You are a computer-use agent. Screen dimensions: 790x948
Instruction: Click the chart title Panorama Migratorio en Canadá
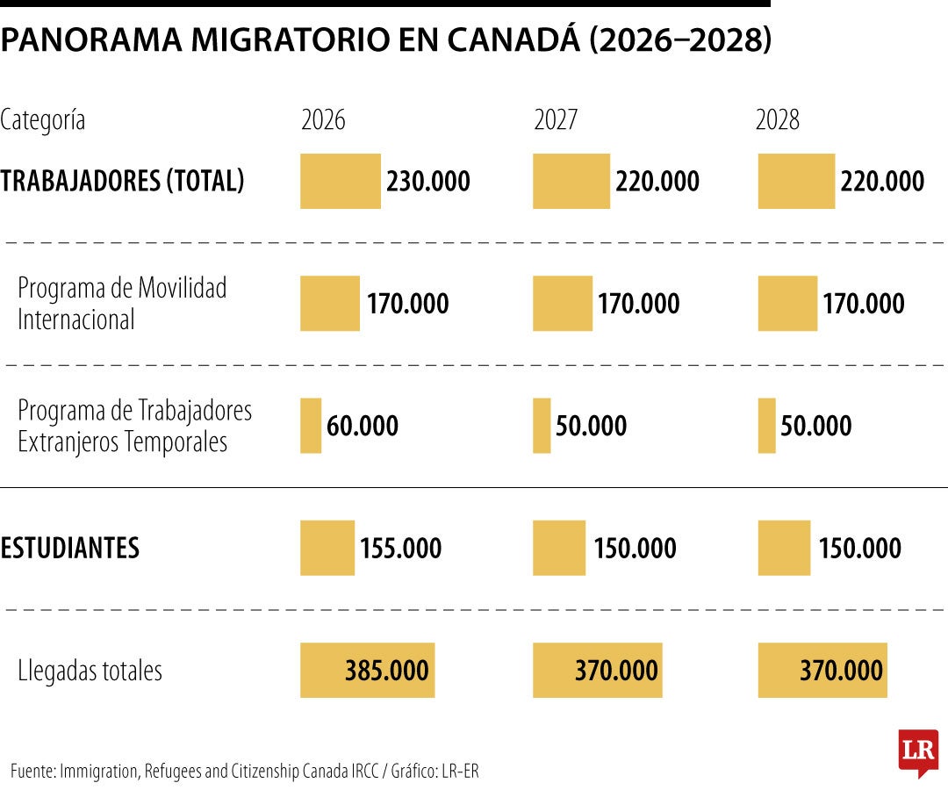[x=385, y=40]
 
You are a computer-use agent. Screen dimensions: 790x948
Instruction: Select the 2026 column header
[x=323, y=120]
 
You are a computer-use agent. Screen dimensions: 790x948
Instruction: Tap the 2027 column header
[x=556, y=120]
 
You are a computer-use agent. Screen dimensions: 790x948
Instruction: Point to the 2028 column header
[x=778, y=120]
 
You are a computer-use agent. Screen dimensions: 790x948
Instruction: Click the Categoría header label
[x=43, y=120]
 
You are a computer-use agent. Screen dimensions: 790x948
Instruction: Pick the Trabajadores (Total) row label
[x=122, y=181]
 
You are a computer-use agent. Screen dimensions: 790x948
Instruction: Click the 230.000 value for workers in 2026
[x=427, y=182]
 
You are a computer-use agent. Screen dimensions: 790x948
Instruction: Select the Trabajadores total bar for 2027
[x=571, y=182]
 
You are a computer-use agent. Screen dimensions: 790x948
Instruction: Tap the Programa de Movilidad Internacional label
[x=122, y=304]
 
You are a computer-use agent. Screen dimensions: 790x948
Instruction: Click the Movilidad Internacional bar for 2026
[x=329, y=304]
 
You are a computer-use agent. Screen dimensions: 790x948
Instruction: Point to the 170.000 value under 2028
[x=863, y=304]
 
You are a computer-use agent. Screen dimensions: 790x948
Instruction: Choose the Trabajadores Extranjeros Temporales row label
[x=134, y=426]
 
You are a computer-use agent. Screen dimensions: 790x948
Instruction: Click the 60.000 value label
[x=362, y=426]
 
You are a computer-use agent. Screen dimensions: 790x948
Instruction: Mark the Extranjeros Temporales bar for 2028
[x=766, y=426]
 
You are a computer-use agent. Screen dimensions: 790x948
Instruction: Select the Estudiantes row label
[x=70, y=548]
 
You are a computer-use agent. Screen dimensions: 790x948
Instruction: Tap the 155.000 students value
[x=400, y=549]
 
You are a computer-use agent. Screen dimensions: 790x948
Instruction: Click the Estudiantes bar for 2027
[x=558, y=549]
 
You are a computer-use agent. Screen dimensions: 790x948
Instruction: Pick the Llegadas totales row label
[x=90, y=671]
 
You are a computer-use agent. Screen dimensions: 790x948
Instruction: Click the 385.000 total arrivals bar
[x=367, y=671]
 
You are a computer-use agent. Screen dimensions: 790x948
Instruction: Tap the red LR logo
[x=918, y=751]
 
